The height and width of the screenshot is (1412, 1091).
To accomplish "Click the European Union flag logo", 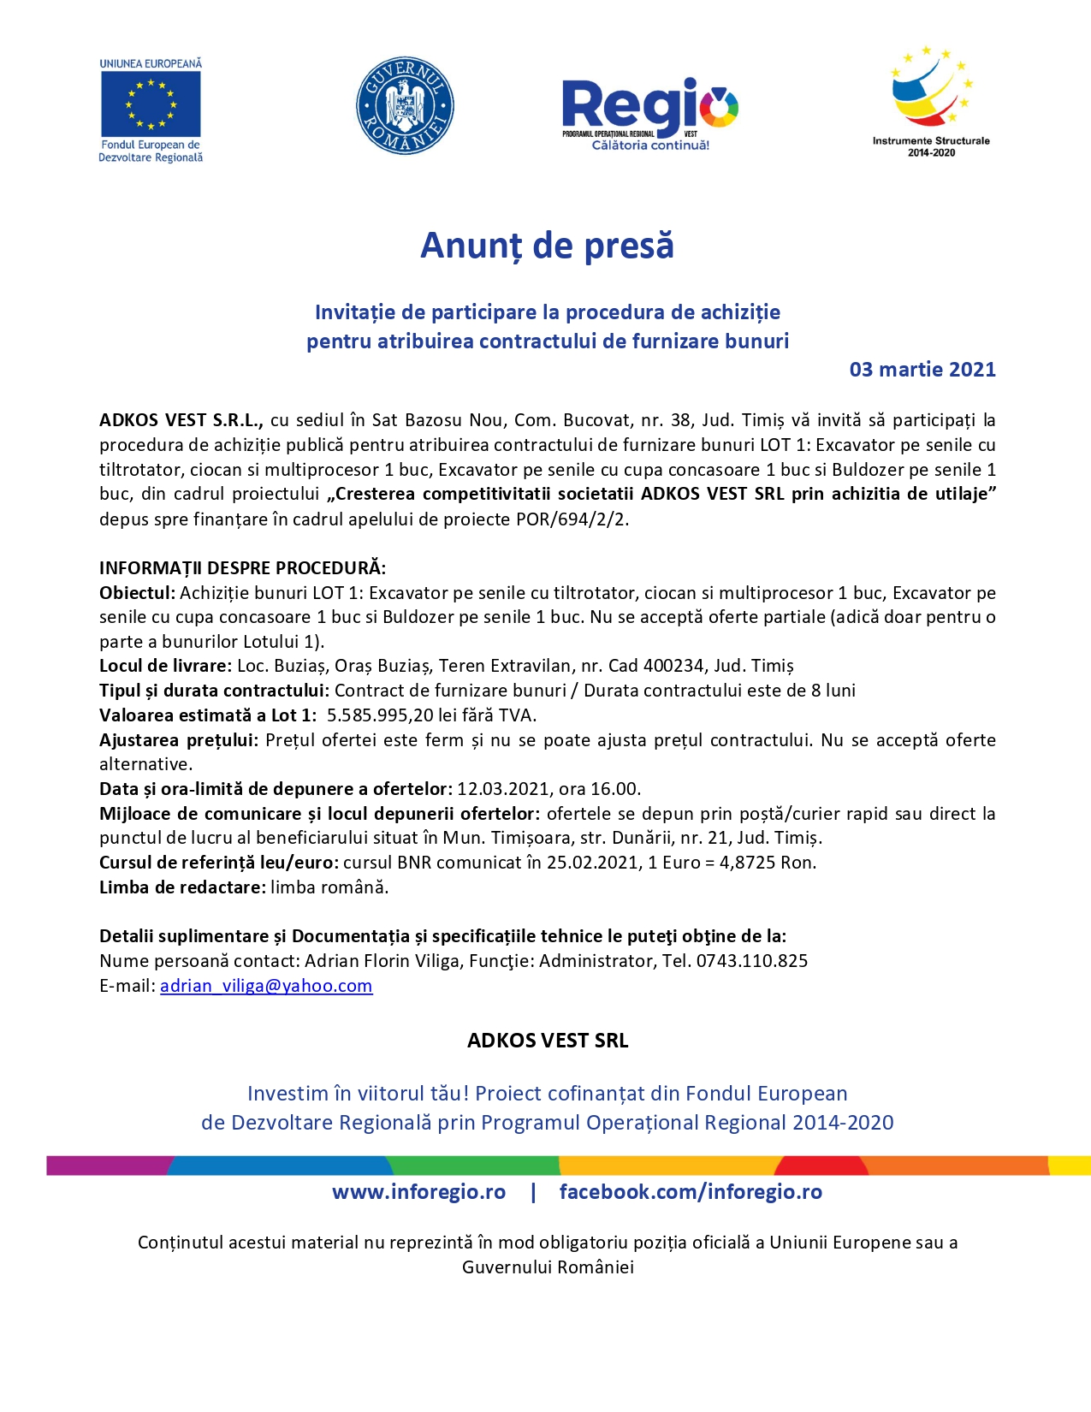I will (x=151, y=104).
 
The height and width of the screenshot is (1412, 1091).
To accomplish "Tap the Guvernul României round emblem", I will (x=405, y=106).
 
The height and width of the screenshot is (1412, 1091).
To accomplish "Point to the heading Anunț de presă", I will (x=547, y=246).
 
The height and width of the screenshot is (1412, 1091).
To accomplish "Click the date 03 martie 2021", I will (x=922, y=370).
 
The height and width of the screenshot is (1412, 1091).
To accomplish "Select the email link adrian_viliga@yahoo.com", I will (x=266, y=986).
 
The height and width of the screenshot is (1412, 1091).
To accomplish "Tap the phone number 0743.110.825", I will (x=752, y=961).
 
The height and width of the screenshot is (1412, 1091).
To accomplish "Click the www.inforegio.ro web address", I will (x=418, y=1192).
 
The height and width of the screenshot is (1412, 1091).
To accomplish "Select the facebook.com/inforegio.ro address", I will (x=691, y=1192).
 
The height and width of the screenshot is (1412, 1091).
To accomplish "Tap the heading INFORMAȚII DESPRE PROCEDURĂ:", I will (x=243, y=568).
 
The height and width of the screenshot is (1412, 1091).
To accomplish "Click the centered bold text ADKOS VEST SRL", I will (x=548, y=1041).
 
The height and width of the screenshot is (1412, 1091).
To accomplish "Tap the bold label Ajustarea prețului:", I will (x=179, y=740).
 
